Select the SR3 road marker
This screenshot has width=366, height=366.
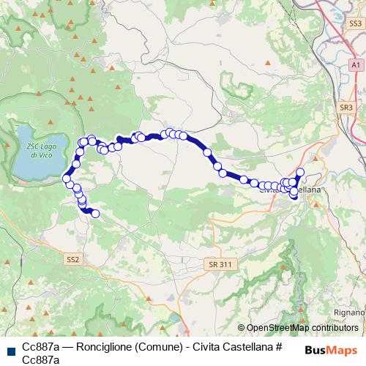coord(346,108)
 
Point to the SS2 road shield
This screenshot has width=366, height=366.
coord(72,258)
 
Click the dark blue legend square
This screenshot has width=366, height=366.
coord(10,351)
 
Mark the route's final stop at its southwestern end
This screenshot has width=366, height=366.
coord(95,214)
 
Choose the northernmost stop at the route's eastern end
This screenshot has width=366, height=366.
coord(300,173)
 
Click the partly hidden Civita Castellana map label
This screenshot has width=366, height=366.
coord(293,190)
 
